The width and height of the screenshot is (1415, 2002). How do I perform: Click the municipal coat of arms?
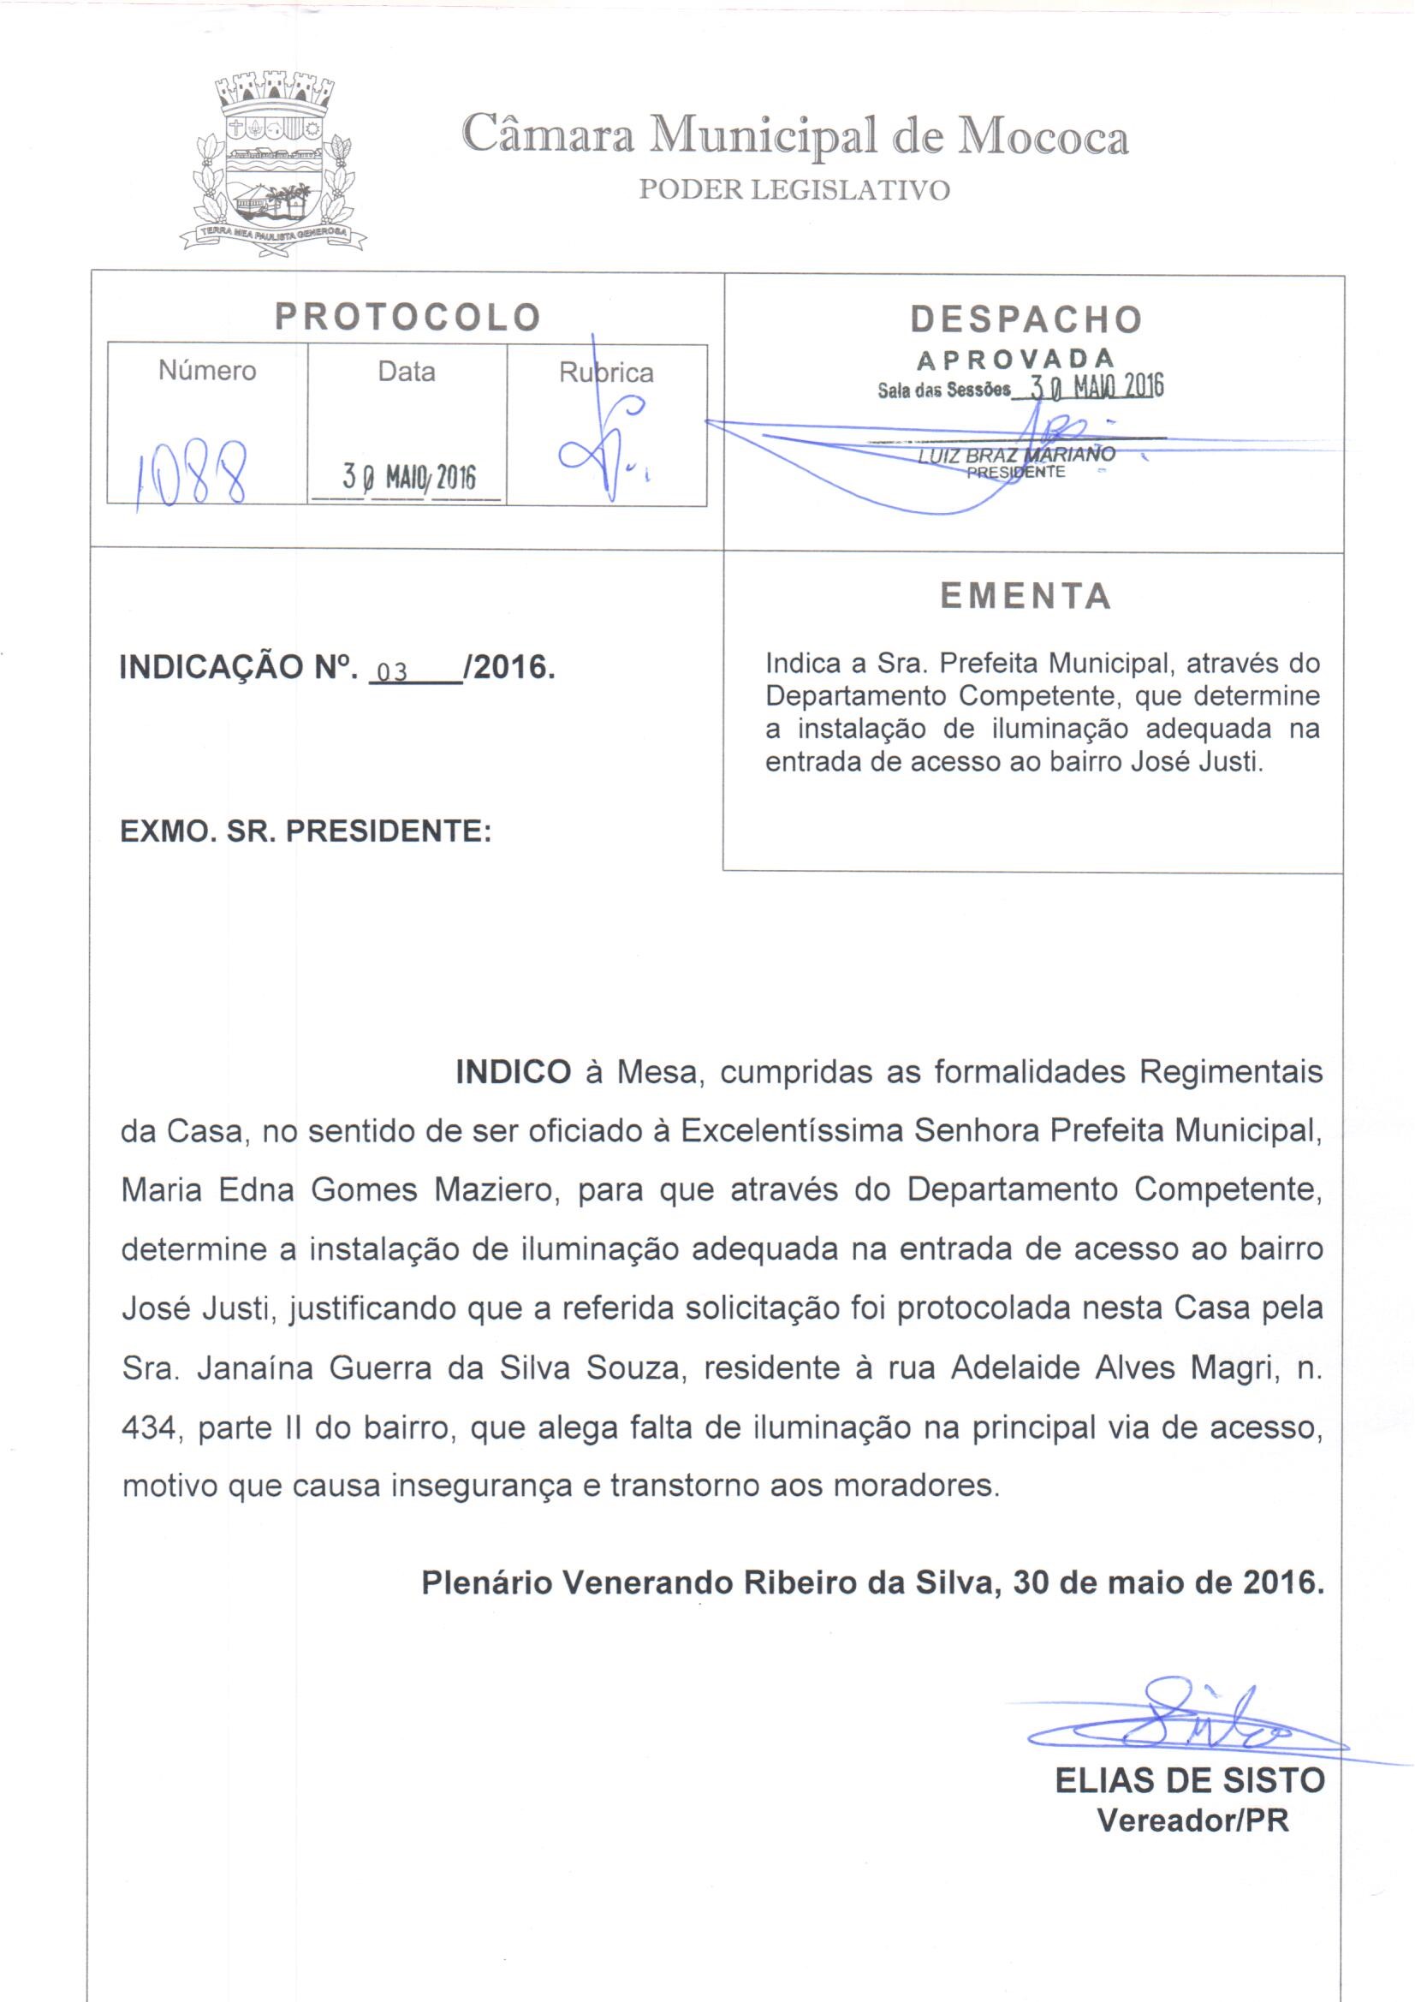(x=272, y=162)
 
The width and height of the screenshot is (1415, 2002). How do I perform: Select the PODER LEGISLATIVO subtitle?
(x=794, y=189)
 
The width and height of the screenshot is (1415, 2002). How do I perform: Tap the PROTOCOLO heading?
(x=408, y=318)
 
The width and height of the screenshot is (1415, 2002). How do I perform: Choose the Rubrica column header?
(x=606, y=373)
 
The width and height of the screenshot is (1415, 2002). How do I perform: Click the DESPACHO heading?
(x=1026, y=320)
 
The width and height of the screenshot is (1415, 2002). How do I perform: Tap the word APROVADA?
(x=1016, y=359)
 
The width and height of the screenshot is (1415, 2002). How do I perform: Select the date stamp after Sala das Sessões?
(x=1096, y=386)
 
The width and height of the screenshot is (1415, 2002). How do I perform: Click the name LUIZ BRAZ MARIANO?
(x=1017, y=455)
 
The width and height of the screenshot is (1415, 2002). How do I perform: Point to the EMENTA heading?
(x=1026, y=597)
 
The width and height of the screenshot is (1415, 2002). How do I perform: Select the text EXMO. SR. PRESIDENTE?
(x=306, y=831)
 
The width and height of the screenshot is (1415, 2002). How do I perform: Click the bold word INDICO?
(x=514, y=1072)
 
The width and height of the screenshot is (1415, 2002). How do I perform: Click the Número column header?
(x=207, y=372)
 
